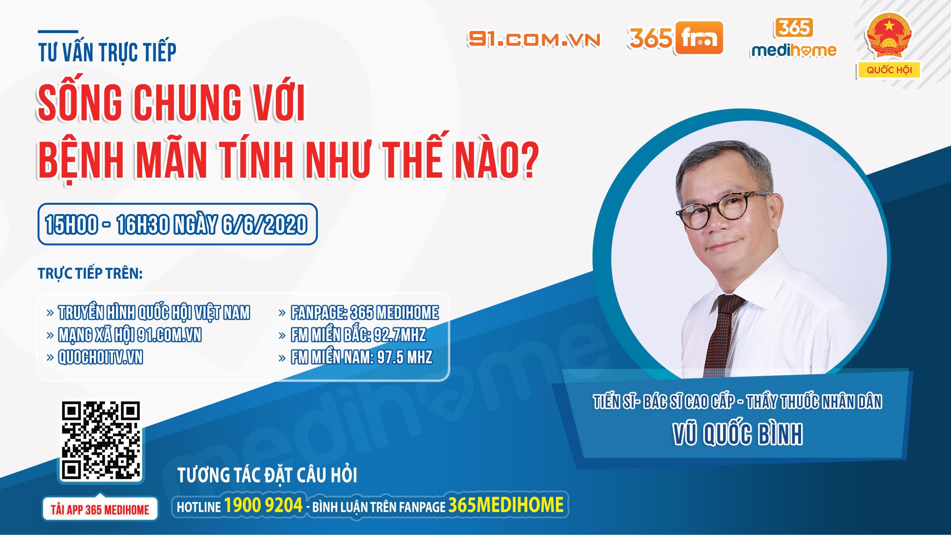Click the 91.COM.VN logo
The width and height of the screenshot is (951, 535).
coord(534,39)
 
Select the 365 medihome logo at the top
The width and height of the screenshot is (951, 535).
coord(793,39)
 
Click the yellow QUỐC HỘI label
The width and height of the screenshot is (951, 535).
coord(889,70)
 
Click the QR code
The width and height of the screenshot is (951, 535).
coord(101,440)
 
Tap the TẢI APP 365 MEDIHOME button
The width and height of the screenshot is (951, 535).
coord(100,509)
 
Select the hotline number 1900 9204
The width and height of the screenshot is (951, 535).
coord(263,505)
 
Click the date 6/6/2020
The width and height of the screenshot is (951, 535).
coord(264,224)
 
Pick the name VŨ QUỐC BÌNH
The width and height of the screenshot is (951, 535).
coord(738,434)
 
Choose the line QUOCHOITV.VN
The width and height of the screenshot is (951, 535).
coord(100,357)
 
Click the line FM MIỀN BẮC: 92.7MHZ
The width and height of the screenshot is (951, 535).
coord(358,335)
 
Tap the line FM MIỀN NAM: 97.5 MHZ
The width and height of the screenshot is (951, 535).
coord(361,357)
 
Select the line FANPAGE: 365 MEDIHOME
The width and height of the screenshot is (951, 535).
coord(364,312)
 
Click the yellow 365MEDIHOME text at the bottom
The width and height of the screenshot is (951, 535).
coord(506,505)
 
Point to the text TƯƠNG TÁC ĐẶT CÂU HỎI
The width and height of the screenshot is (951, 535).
coord(267,475)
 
